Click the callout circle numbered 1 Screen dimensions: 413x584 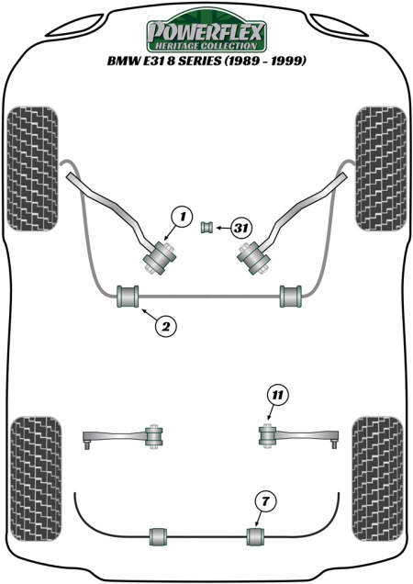[182, 217]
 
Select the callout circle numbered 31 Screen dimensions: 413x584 [241, 228]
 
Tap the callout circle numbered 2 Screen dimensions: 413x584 [166, 326]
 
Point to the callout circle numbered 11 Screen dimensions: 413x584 [277, 395]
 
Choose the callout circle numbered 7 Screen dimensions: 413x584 [264, 501]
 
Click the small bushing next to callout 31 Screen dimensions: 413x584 [207, 227]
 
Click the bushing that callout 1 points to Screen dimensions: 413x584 [160, 258]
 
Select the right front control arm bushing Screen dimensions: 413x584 [253, 258]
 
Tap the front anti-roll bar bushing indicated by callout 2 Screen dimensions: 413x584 [128, 297]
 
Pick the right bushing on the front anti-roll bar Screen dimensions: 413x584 [291, 297]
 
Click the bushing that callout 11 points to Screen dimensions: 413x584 [267, 436]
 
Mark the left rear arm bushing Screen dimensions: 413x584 [153, 436]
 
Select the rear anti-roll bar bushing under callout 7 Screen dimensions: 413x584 [255, 536]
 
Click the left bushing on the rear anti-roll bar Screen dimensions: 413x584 [158, 536]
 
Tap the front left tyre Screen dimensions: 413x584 [33, 169]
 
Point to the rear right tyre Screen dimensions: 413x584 [377, 479]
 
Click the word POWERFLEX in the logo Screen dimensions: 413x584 [206, 33]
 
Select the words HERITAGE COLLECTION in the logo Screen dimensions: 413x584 [206, 46]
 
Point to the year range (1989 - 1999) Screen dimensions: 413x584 [265, 61]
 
